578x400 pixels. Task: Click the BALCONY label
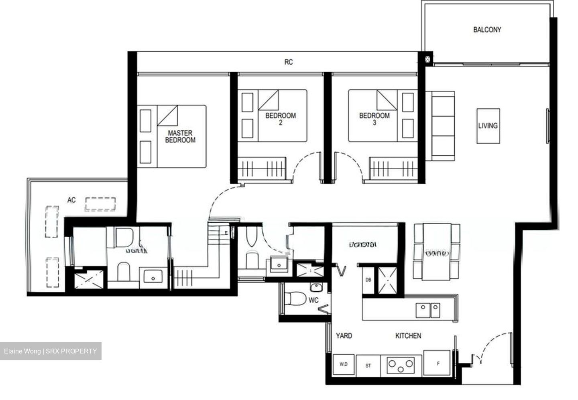(x=487, y=30)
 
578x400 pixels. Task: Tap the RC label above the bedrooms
(x=288, y=62)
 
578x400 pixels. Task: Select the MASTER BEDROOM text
(x=180, y=136)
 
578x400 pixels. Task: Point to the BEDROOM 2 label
(x=280, y=119)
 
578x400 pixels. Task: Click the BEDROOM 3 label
(x=374, y=119)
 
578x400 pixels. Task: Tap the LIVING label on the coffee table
(x=488, y=126)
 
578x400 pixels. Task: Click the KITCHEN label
(x=408, y=335)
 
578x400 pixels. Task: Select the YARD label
(x=344, y=335)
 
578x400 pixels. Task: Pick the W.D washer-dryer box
(x=344, y=365)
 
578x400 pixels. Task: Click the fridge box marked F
(x=438, y=364)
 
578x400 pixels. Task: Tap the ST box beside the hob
(x=368, y=366)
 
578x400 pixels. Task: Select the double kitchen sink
(x=428, y=310)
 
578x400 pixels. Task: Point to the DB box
(x=368, y=280)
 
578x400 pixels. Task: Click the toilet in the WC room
(x=294, y=298)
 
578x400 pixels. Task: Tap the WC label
(x=313, y=300)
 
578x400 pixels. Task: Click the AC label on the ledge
(x=71, y=200)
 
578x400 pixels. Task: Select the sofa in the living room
(x=440, y=126)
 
